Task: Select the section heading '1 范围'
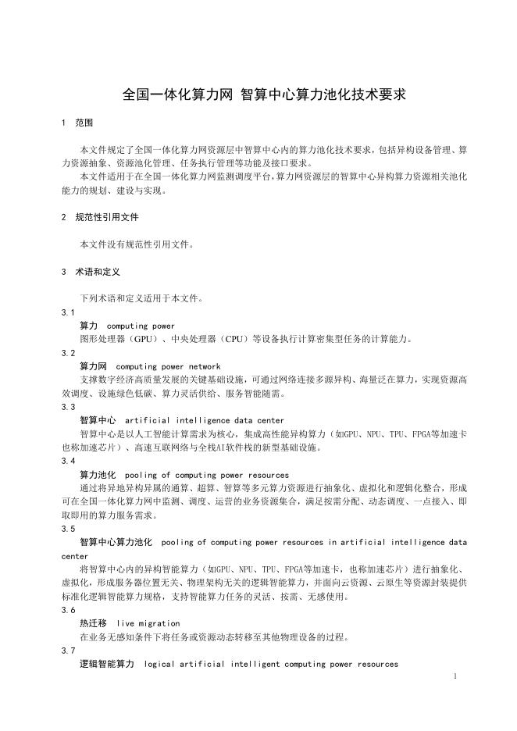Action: coord(77,123)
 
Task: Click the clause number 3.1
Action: coord(68,312)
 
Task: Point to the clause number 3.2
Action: coord(68,353)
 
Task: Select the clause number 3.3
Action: coord(68,407)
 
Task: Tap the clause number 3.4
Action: coord(68,461)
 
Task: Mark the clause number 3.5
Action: coord(68,528)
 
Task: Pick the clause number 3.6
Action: coord(68,610)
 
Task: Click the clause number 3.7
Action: coord(68,651)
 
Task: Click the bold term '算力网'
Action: coord(93,366)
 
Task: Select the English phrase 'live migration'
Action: coord(148,623)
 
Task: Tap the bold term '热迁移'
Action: coord(93,623)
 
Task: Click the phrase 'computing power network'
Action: coord(168,366)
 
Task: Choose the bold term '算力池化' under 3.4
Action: coord(98,475)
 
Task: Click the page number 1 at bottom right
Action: coord(454,676)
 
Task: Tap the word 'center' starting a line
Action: coord(76,556)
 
